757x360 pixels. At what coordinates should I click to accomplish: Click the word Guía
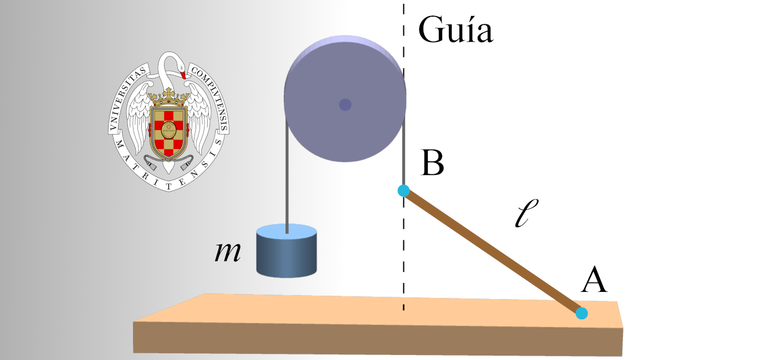456,30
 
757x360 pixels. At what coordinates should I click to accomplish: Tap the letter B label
432,162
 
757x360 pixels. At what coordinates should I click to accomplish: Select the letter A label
594,280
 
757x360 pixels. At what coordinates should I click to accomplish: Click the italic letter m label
228,253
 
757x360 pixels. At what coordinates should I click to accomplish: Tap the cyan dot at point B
403,191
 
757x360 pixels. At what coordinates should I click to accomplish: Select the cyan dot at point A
581,313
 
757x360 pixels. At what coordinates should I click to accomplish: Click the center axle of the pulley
345,104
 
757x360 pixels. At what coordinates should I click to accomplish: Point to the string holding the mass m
287,183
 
